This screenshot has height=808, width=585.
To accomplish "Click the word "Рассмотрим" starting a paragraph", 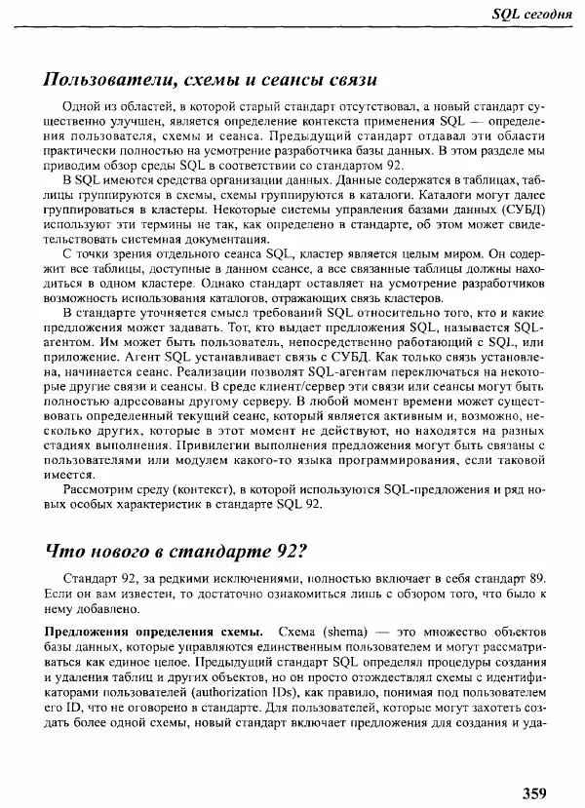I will click(95, 488).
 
